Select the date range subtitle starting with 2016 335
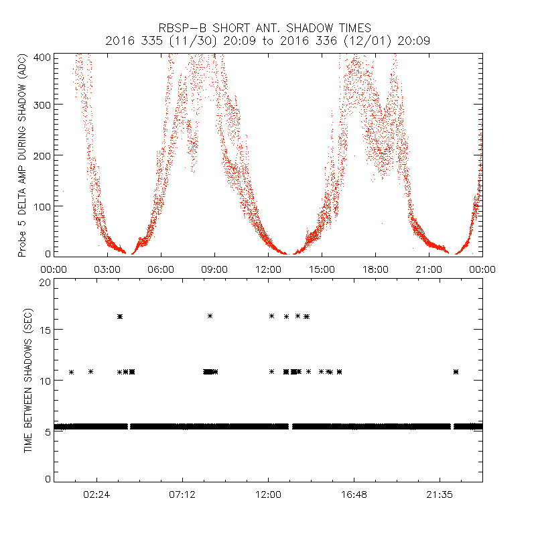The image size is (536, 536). click(x=267, y=41)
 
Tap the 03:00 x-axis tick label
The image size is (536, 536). click(x=107, y=269)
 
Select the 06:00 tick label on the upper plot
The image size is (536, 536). click(x=161, y=269)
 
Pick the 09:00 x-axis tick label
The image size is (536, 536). click(x=214, y=269)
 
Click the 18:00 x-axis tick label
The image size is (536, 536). click(x=375, y=269)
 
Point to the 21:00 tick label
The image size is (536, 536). click(x=429, y=269)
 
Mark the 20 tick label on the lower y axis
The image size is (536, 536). click(x=44, y=283)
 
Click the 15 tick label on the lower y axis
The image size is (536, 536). click(x=44, y=330)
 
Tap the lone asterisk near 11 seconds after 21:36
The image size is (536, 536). click(x=456, y=371)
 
